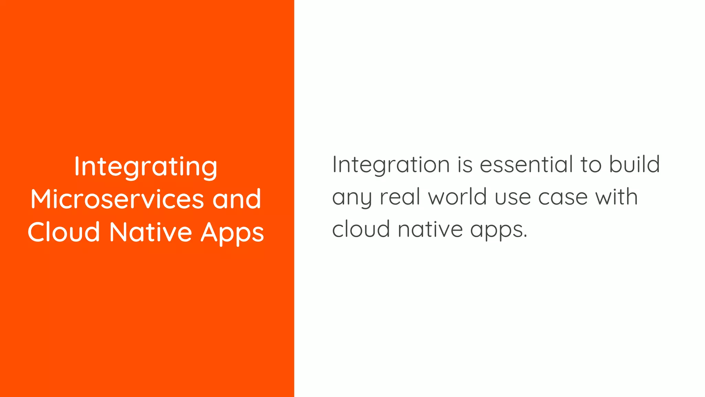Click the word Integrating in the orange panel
click(x=146, y=167)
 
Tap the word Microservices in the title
click(x=117, y=199)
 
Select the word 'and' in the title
click(x=237, y=199)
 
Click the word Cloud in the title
click(x=64, y=232)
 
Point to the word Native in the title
click(x=150, y=232)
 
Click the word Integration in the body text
click(x=391, y=165)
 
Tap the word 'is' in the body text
click(x=465, y=165)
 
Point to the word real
click(x=400, y=197)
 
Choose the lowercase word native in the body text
click(x=430, y=229)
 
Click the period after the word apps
click(x=525, y=236)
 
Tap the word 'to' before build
click(x=591, y=165)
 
